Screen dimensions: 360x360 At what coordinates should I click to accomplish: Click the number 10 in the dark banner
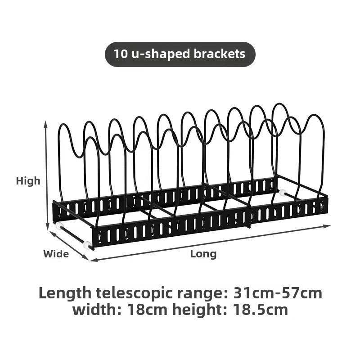[120, 54]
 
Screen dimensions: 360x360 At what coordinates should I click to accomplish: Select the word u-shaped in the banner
[161, 54]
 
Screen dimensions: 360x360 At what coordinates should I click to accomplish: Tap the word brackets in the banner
[220, 54]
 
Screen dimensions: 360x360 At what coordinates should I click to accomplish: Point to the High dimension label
[28, 181]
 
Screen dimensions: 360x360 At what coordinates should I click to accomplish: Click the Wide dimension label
[56, 254]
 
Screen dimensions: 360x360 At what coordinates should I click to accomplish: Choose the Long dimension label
[203, 254]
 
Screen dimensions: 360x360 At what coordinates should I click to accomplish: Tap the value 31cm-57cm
[278, 293]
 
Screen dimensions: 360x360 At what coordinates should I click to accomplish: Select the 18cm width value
[147, 310]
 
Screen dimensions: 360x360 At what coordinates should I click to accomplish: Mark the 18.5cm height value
[260, 310]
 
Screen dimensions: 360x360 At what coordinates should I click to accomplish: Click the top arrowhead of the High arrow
[46, 124]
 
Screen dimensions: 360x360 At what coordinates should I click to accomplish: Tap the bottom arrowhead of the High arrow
[48, 226]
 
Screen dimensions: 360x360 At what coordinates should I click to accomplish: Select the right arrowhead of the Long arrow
[328, 226]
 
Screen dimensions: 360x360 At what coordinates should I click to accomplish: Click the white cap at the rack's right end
[283, 193]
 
